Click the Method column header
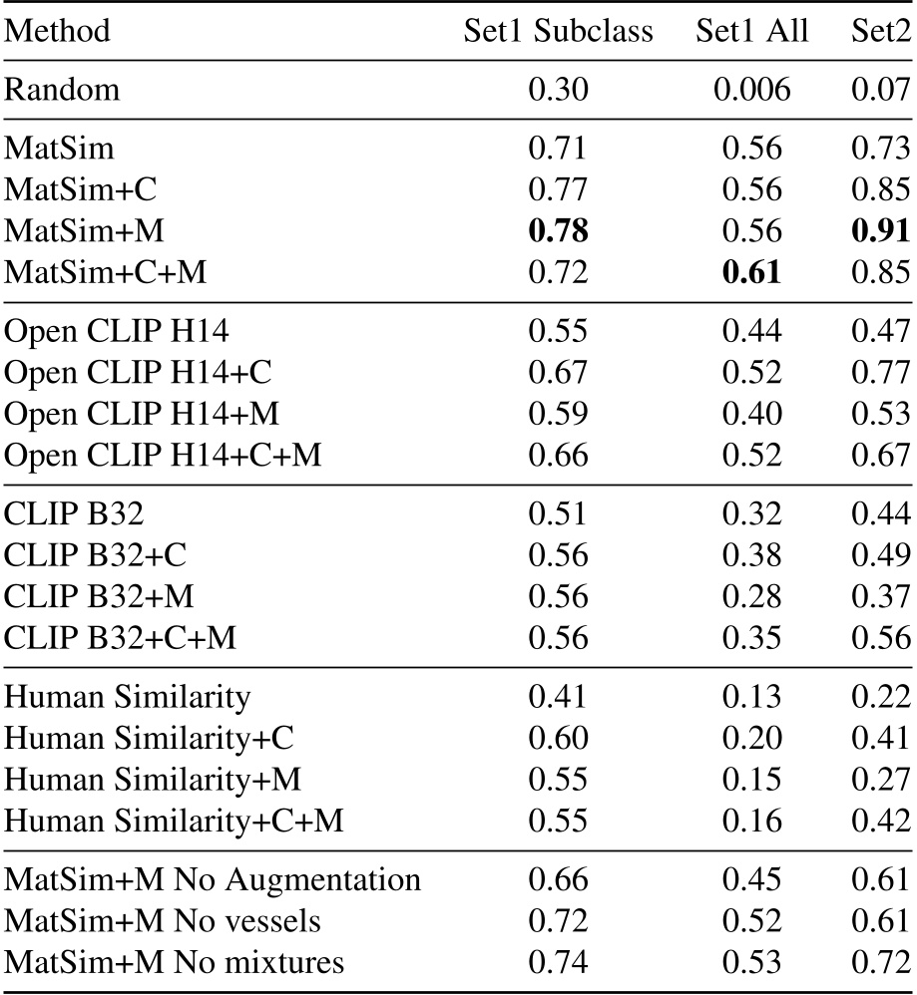tap(58, 32)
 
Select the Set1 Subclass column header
tap(558, 32)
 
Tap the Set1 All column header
tap(752, 32)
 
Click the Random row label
tap(62, 91)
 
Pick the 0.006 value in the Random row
tap(752, 91)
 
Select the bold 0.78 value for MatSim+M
tap(558, 230)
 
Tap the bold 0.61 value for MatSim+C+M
tap(752, 271)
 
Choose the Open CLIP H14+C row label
tap(138, 373)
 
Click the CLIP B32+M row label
tap(99, 596)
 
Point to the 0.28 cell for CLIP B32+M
tap(752, 596)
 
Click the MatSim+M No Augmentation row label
tap(213, 881)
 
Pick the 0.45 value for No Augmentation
tap(752, 881)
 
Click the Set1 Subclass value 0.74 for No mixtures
tap(558, 963)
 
